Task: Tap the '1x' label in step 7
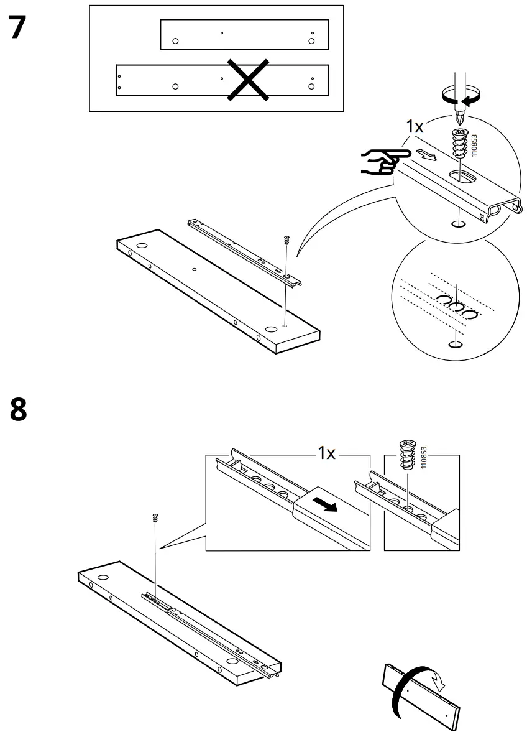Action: click(x=415, y=127)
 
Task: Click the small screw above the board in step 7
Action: click(x=286, y=239)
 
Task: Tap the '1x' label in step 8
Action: click(x=327, y=453)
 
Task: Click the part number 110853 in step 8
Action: click(x=424, y=457)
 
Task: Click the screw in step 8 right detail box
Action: click(x=406, y=454)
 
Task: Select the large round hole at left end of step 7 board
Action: click(x=140, y=246)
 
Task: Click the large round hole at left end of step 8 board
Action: click(x=103, y=577)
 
